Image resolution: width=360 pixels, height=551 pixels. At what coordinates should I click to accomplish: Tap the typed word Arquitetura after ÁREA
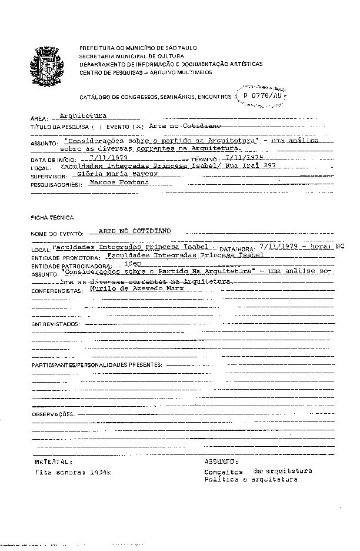[83, 116]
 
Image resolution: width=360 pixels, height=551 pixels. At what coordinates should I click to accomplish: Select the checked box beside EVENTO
[138, 127]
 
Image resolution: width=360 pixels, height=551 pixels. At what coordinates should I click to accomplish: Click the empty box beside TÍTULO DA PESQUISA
[97, 127]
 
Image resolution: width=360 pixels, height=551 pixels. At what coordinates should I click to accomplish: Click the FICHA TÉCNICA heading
[48, 217]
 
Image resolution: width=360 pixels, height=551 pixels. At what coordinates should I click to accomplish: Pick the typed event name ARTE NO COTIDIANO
[135, 231]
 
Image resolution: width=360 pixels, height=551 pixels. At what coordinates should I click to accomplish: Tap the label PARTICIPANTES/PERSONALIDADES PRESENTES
[96, 366]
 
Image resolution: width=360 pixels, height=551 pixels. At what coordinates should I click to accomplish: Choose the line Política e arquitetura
[251, 480]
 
